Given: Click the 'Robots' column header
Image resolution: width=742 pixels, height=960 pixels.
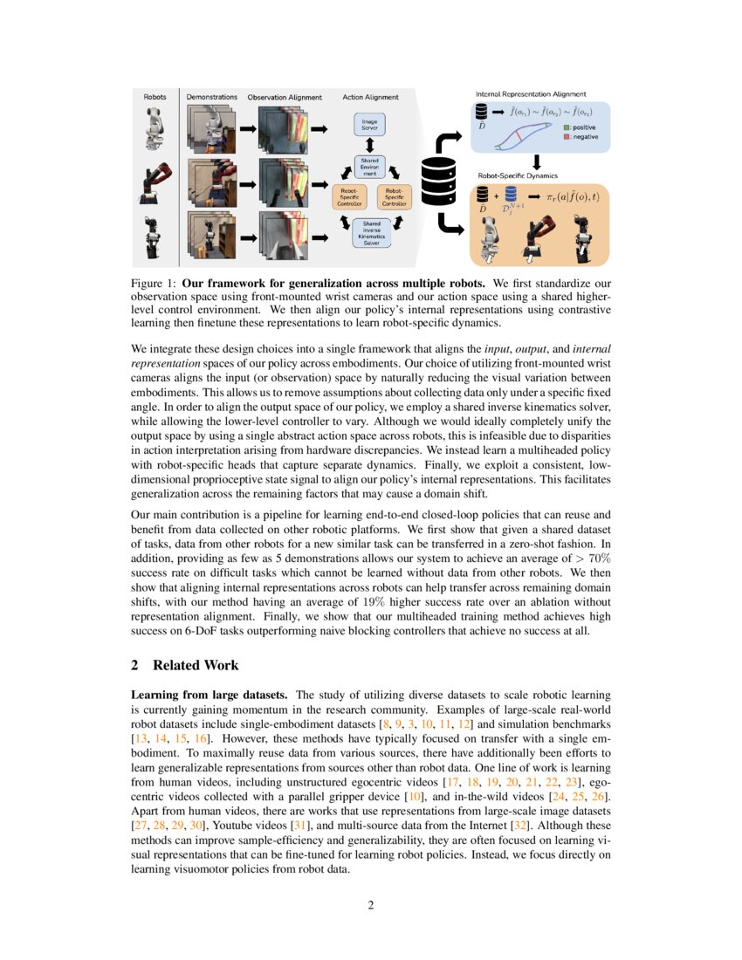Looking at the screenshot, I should point(155,97).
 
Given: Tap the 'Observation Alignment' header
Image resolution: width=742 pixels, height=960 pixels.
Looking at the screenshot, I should point(285,97).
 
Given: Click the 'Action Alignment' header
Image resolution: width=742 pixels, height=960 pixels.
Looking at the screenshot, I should point(371,97).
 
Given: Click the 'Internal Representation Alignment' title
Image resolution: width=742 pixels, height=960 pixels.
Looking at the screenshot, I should point(530,93).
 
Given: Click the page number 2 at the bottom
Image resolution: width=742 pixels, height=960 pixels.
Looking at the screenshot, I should point(370,905).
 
